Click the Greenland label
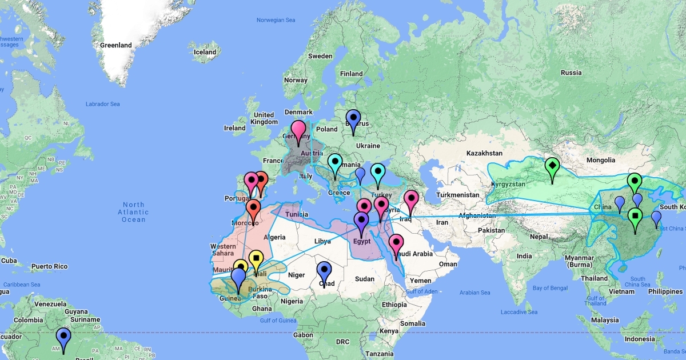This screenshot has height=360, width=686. point(115,45)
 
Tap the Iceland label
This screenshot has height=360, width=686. point(205,52)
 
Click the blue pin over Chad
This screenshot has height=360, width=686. point(324,271)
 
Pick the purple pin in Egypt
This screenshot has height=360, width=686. point(361,221)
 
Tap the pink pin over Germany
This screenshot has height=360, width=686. point(298,130)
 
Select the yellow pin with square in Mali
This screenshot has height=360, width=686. point(256,260)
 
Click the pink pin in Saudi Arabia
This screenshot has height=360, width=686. point(396,243)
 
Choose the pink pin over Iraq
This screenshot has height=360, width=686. point(411,199)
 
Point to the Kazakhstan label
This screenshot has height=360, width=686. point(484,153)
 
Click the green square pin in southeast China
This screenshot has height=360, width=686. point(635,217)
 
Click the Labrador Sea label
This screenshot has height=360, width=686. point(103,104)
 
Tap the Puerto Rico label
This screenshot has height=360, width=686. point(49,266)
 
